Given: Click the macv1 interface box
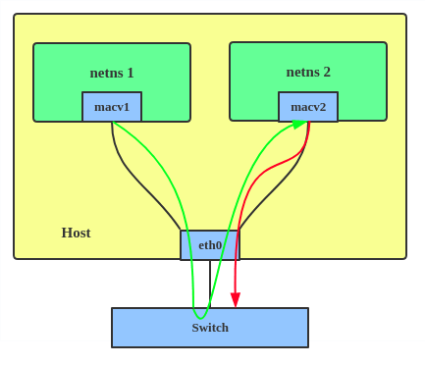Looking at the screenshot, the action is tap(112, 107).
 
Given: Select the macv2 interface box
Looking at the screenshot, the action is tap(308, 107).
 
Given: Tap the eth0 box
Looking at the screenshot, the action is tap(210, 245).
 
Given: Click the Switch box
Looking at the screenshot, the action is tap(210, 328).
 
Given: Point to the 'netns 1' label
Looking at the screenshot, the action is tap(112, 73).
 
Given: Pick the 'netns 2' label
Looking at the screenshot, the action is tap(308, 72).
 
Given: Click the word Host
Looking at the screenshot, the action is tap(76, 233).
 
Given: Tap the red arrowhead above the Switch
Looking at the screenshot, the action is tap(236, 300).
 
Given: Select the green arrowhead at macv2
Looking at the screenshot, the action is tap(298, 125).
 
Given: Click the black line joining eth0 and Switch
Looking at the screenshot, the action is tap(210, 284).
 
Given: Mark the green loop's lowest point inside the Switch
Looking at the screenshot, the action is tap(200, 318).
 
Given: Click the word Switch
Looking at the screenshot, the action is tap(210, 328).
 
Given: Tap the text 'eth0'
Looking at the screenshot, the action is tap(210, 245).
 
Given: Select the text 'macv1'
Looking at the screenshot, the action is tap(112, 107).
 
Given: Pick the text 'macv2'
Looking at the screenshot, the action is tap(308, 107).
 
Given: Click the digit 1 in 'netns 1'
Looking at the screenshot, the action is tap(131, 73).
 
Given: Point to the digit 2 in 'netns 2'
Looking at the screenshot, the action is tap(327, 72).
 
